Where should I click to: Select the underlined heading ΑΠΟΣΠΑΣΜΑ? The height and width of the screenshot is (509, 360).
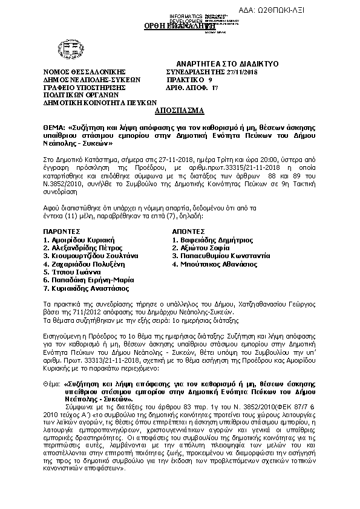(x=179, y=111)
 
